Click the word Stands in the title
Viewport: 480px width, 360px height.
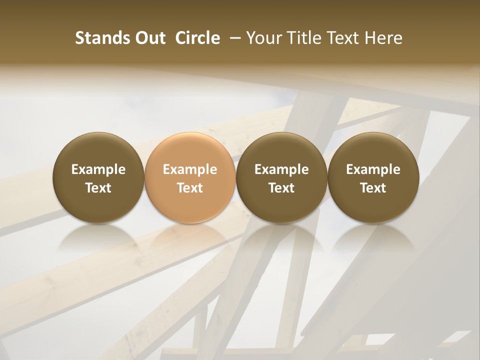99,38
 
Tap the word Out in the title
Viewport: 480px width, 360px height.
148,38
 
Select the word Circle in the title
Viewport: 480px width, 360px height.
197,38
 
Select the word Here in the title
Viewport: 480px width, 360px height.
384,38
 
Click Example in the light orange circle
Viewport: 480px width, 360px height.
190,169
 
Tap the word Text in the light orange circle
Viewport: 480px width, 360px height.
190,188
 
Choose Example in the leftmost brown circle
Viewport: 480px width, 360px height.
98,169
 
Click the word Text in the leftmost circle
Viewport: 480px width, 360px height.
98,188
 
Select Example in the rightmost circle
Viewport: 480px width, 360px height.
373,169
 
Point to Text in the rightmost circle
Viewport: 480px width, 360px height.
373,188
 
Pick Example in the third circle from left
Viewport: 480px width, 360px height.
281,169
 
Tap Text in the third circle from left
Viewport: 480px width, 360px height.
281,188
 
